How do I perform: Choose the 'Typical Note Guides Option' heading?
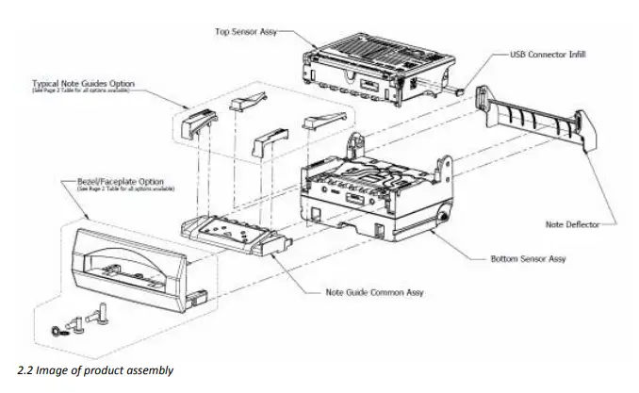tap(84, 84)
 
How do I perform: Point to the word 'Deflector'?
tap(578, 224)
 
